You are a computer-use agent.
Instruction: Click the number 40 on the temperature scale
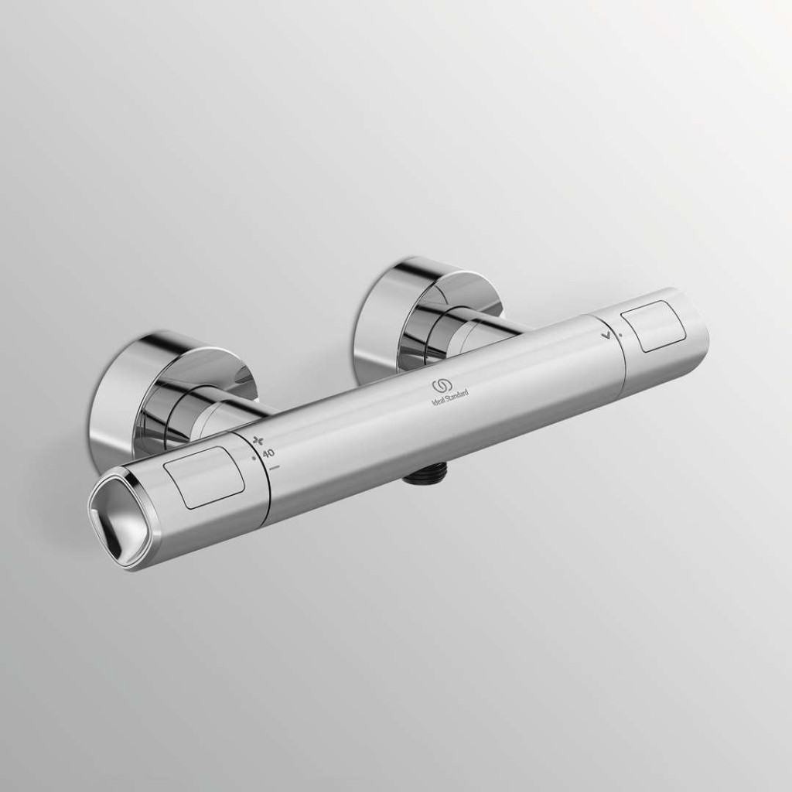[x=269, y=453]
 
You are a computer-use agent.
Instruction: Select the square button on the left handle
[x=206, y=476]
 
